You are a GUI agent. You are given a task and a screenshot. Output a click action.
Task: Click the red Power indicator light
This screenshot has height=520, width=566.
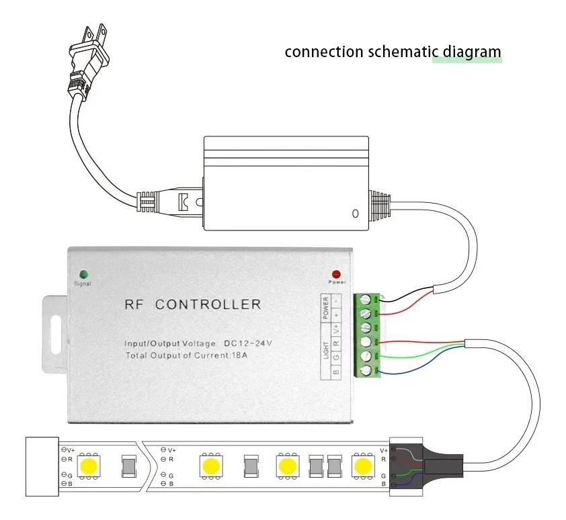336,275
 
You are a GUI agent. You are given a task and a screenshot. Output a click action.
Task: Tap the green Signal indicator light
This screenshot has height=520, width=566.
83,274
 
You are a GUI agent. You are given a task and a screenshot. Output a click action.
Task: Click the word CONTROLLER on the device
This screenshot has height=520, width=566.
208,304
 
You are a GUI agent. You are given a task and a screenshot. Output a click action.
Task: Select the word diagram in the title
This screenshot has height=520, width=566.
467,51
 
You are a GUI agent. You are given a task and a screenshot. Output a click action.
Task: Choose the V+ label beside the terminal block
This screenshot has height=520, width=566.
336,329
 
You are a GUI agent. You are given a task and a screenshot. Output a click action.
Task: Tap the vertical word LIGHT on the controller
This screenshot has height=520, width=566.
326,349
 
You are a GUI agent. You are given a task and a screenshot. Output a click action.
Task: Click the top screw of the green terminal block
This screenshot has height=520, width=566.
366,300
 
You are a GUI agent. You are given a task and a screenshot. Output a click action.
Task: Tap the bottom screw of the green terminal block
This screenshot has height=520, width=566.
366,370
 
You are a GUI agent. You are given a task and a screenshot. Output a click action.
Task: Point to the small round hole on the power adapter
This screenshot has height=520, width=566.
355,214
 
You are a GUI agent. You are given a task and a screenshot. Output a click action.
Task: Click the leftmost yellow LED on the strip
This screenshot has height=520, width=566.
89,465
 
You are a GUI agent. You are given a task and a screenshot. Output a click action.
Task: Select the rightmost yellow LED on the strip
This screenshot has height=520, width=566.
364,465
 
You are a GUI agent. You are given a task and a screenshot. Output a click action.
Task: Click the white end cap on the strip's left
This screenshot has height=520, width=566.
42,466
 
